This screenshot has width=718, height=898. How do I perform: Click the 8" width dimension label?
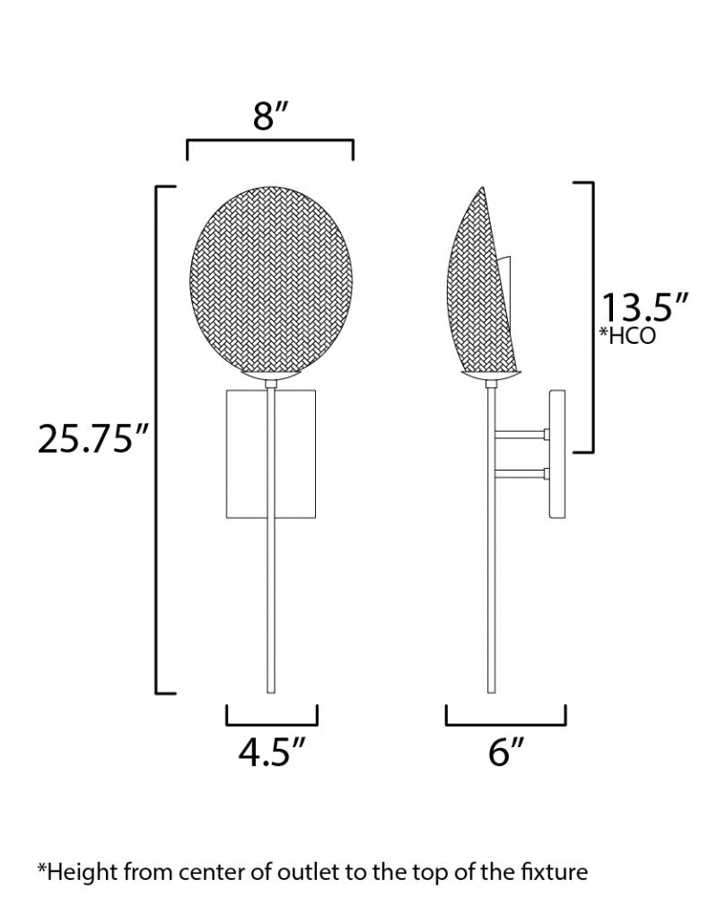pyautogui.click(x=270, y=117)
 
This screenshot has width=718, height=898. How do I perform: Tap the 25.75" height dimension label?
pyautogui.click(x=93, y=440)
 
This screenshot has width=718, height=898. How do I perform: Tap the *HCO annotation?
pyautogui.click(x=627, y=336)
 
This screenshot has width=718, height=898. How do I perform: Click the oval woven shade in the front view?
pyautogui.click(x=271, y=279)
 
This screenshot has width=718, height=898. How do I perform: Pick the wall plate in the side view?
pyautogui.click(x=557, y=454)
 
